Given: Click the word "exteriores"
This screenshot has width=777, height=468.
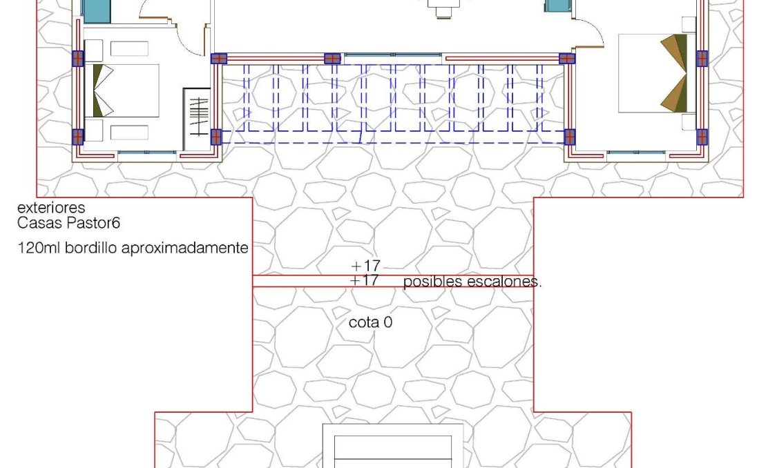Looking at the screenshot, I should coord(51,208).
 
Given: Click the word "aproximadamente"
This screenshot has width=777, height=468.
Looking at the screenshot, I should coord(184,248).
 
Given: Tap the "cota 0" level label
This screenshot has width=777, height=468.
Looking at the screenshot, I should coord(371,322).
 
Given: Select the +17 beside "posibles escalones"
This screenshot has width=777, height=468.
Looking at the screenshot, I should coord(365,281).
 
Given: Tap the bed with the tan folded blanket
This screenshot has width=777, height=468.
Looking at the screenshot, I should coord(653,73).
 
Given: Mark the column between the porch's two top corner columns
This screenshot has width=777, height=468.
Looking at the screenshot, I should coord(332,59).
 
